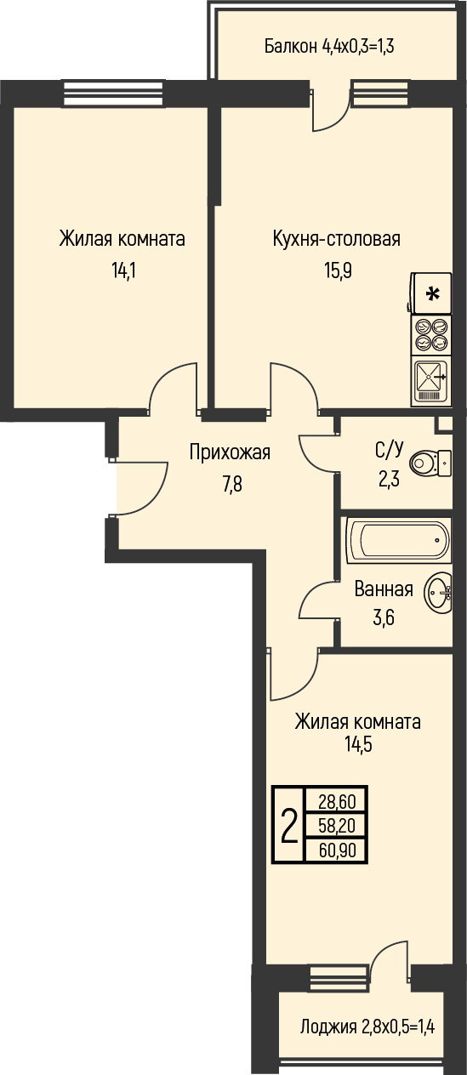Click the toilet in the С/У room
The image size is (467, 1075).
[x=430, y=464]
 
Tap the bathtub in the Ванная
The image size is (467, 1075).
[x=399, y=539]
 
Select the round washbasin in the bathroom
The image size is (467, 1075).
[x=438, y=593]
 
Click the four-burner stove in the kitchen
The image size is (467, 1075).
[x=431, y=335]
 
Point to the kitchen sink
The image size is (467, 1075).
[x=431, y=382]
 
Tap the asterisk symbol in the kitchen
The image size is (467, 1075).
[x=433, y=293]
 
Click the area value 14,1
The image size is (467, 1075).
[x=124, y=271]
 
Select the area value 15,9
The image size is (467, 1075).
[x=338, y=271]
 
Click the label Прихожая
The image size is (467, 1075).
[x=230, y=452]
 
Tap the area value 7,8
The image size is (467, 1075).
[x=232, y=485]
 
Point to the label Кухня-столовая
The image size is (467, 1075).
[x=337, y=239]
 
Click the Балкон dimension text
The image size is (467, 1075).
[x=329, y=47]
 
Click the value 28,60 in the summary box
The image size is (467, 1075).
[x=338, y=801]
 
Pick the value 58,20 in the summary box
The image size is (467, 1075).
[x=338, y=826]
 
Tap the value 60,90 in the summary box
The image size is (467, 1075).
[x=338, y=850]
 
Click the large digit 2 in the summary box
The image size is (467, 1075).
[x=288, y=826]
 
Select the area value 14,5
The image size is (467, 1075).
[x=358, y=745]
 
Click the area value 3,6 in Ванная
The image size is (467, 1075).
[x=384, y=617]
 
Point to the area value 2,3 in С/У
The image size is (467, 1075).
[x=389, y=480]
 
